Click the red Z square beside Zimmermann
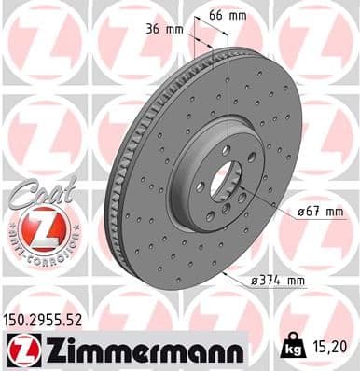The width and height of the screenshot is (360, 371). [x=18, y=350]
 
